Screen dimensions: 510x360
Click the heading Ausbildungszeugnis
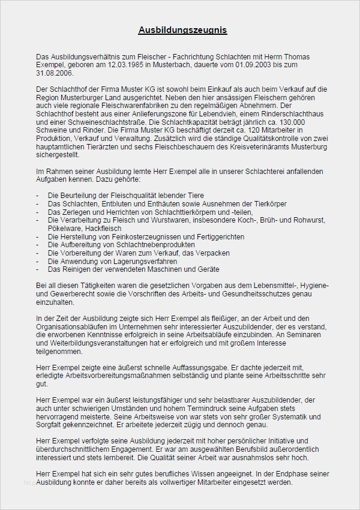coord(182,30)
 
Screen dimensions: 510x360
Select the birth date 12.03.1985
coord(126,64)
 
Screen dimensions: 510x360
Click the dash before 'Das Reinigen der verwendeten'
coord(38,269)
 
